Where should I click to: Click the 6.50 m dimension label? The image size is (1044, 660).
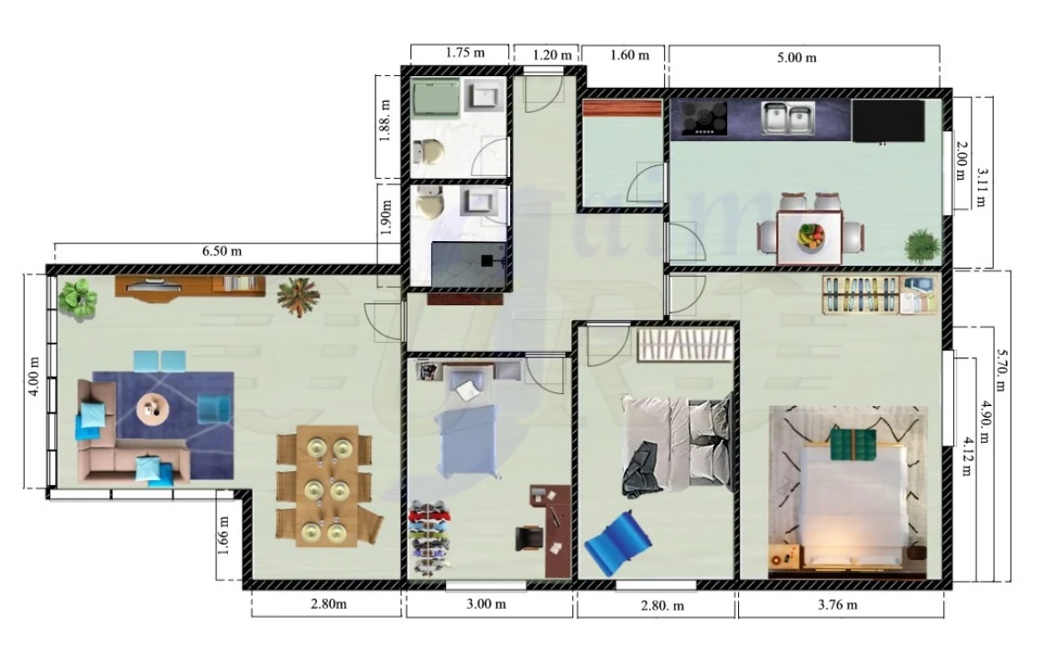tap(222, 251)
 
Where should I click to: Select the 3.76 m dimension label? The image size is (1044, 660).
tap(838, 604)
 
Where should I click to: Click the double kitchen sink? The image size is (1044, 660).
tap(787, 118)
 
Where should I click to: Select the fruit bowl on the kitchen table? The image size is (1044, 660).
tap(810, 236)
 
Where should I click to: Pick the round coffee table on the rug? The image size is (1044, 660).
tap(153, 405)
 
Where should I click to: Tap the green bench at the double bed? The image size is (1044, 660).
tap(854, 444)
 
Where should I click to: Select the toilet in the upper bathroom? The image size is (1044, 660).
tap(427, 151)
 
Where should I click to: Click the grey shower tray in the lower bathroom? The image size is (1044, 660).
tap(468, 262)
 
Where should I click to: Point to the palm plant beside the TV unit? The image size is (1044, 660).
tap(298, 296)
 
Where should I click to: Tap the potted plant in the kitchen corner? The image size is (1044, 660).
tap(920, 246)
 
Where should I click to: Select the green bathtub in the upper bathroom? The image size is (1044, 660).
tap(434, 99)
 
